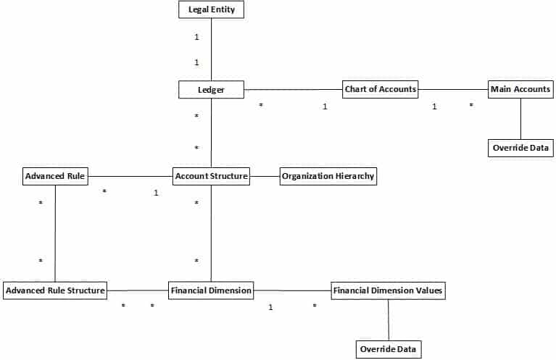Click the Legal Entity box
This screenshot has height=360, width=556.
(212, 9)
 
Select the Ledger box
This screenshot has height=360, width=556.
(212, 90)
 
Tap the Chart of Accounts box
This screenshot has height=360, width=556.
(380, 89)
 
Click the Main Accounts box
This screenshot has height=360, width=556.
(520, 89)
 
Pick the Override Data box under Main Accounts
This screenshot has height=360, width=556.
(520, 148)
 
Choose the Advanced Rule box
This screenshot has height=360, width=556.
(55, 176)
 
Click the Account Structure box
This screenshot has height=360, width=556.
(212, 176)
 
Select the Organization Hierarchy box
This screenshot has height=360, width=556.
(328, 176)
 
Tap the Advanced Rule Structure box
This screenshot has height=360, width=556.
(55, 290)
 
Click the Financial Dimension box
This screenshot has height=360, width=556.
(211, 290)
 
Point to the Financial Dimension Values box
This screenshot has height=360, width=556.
(389, 290)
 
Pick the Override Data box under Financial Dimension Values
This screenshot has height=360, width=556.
(389, 349)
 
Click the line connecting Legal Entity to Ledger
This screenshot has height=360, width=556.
(212, 49)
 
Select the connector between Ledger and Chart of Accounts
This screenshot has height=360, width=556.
(294, 90)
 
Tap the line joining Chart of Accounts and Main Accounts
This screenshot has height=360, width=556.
(453, 89)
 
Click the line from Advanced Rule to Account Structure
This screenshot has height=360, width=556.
(130, 176)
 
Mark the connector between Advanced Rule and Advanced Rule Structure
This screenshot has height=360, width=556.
(55, 233)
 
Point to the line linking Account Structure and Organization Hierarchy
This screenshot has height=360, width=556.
(265, 176)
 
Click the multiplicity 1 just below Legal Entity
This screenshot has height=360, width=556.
(196, 37)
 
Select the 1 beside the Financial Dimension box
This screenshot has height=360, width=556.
(270, 307)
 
